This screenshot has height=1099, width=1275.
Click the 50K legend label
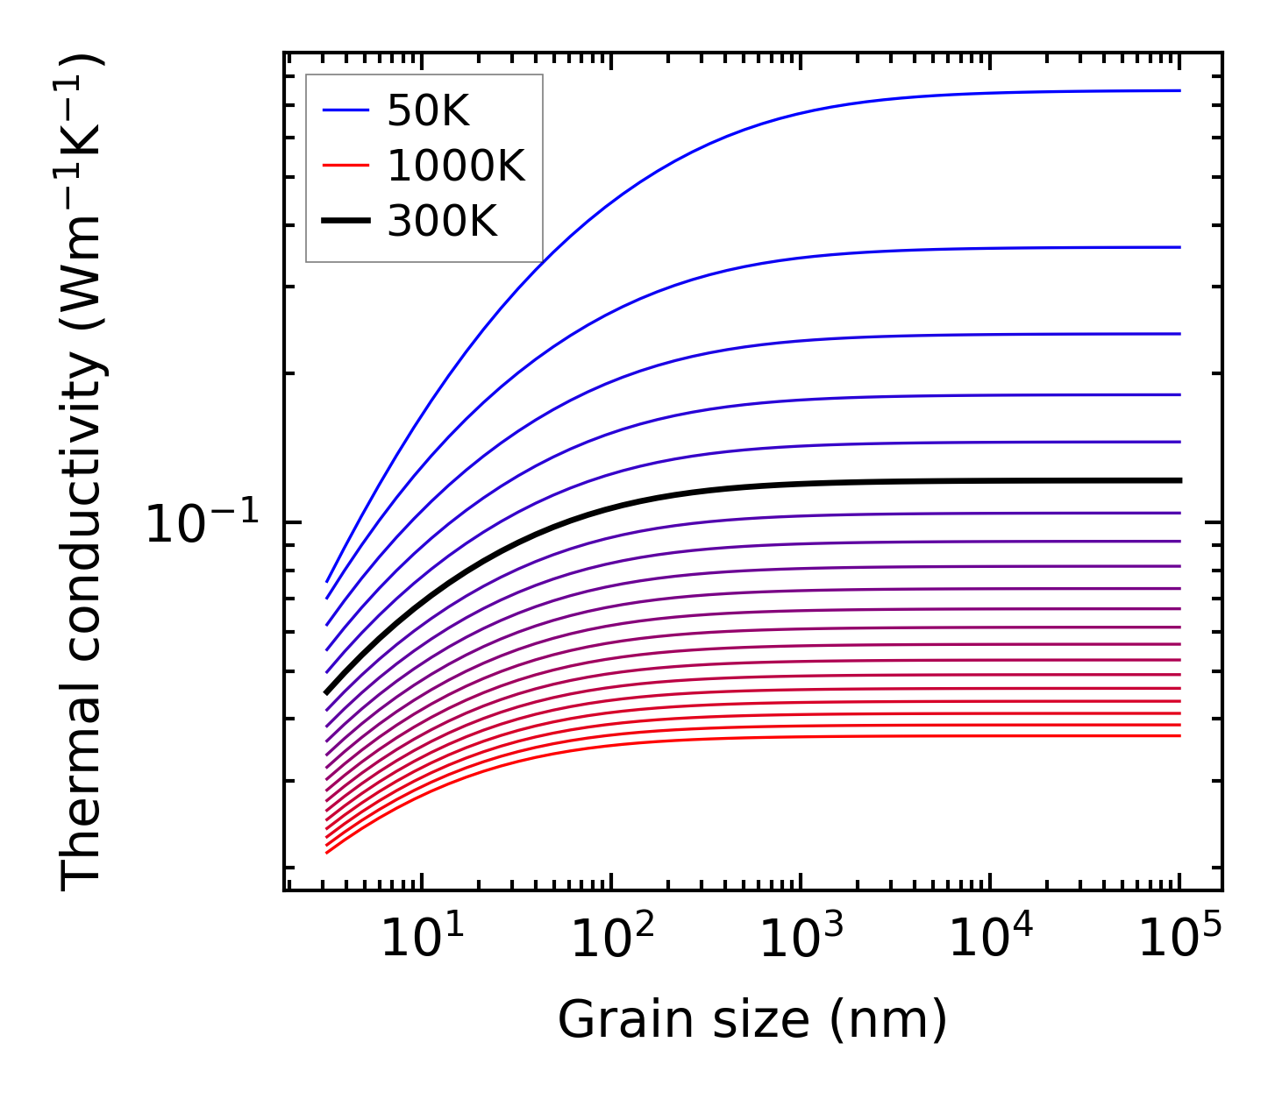pyautogui.click(x=429, y=111)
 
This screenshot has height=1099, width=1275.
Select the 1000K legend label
pyautogui.click(x=456, y=167)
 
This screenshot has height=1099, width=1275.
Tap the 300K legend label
pyautogui.click(x=442, y=222)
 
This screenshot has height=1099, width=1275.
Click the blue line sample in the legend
pyautogui.click(x=345, y=110)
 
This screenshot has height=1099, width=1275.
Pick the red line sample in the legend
pyautogui.click(x=345, y=167)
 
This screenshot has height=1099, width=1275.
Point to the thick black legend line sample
pyautogui.click(x=345, y=222)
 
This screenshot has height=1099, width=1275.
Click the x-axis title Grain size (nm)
pyautogui.click(x=752, y=1020)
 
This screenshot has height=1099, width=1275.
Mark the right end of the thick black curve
pyautogui.click(x=1180, y=480)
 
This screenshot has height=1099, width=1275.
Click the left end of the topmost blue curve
pyautogui.click(x=327, y=581)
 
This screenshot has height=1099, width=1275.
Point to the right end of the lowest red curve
pyautogui.click(x=1179, y=735)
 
